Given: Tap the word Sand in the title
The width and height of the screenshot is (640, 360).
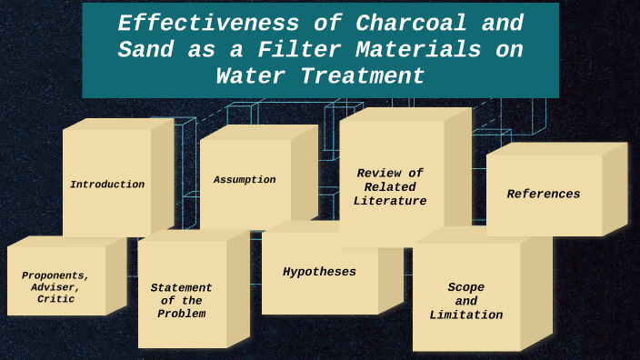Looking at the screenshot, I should click(x=145, y=50).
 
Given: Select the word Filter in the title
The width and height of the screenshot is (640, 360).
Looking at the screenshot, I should click(x=282, y=50).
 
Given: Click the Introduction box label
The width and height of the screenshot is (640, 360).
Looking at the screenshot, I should click(x=107, y=185).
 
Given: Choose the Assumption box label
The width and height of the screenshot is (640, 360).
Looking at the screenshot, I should click(x=245, y=180).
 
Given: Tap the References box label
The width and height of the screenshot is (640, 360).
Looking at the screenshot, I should click(x=544, y=194).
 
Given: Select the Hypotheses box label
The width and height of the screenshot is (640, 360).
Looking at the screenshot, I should click(x=319, y=272).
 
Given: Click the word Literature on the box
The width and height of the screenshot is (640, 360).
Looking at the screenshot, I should click(x=390, y=201).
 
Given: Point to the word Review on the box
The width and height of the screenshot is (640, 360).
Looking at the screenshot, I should click(x=378, y=173).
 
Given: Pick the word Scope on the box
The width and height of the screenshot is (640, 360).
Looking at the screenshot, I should click(x=466, y=287).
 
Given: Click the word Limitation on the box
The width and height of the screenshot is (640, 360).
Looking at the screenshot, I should click(x=466, y=315).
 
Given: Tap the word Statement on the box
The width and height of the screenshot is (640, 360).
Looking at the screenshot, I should click(x=182, y=288).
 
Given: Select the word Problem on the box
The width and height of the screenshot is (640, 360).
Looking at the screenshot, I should click(x=182, y=314).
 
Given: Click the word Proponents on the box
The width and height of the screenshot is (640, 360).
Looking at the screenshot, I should click(x=55, y=275).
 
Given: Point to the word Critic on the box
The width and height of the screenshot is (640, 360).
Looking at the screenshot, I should click(x=55, y=299).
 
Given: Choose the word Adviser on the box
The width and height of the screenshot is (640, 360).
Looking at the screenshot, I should click(x=55, y=287).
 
